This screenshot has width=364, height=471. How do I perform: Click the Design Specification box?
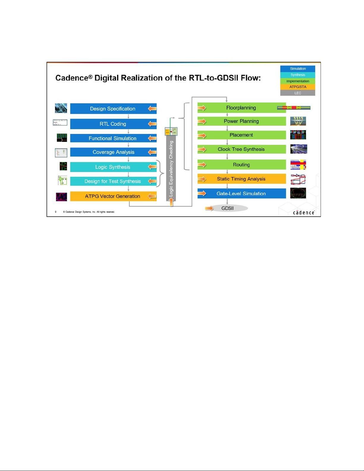coord(113,109)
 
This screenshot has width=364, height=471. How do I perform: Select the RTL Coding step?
coord(113,124)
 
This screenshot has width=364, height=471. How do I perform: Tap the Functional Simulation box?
coord(113,138)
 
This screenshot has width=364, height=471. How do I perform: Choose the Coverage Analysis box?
coord(113,152)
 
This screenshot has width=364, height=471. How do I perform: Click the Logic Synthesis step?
coord(113,167)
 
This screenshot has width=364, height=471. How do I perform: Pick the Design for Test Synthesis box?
coord(113,181)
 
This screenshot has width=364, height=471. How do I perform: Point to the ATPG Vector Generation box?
coord(113,196)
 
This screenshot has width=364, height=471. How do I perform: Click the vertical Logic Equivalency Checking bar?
coord(171,168)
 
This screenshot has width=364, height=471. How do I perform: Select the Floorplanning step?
coord(241,108)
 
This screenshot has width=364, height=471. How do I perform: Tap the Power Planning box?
coord(241,121)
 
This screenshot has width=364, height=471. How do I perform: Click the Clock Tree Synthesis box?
coord(241,149)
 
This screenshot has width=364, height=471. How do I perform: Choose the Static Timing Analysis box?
coord(241,179)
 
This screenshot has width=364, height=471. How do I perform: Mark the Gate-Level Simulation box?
coord(241,193)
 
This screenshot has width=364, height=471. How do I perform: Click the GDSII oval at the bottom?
coord(228,208)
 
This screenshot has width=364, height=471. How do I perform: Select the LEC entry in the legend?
coord(297,93)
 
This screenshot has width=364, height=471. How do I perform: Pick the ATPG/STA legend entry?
coord(297,87)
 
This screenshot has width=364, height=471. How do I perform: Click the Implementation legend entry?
coord(297,81)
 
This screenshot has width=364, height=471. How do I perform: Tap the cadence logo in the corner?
coord(304,212)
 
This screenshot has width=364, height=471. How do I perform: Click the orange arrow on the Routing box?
coord(202,165)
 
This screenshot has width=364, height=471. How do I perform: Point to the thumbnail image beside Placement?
coord(298,135)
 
